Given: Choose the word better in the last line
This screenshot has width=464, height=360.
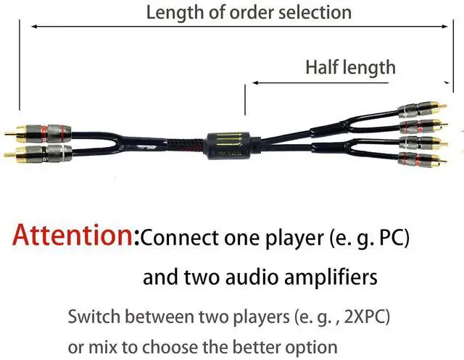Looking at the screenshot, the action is (260, 346).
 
